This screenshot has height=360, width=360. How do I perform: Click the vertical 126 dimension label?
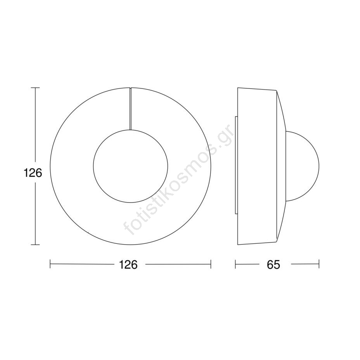pyautogui.click(x=33, y=173)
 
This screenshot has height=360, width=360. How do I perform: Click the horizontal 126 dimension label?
pyautogui.click(x=128, y=265)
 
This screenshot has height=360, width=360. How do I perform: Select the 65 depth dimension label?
pyautogui.click(x=273, y=265)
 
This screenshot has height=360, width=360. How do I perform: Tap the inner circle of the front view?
pyautogui.click(x=130, y=130)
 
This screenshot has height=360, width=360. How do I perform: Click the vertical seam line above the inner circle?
pyautogui.click(x=130, y=109)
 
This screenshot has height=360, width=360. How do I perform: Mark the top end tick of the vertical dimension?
pyautogui.click(x=35, y=88)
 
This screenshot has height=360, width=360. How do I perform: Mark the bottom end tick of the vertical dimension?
pyautogui.click(x=35, y=245)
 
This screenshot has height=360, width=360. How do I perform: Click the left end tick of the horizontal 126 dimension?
pyautogui.click(x=50, y=264)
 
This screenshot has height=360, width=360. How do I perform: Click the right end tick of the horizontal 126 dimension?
pyautogui.click(x=211, y=264)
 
